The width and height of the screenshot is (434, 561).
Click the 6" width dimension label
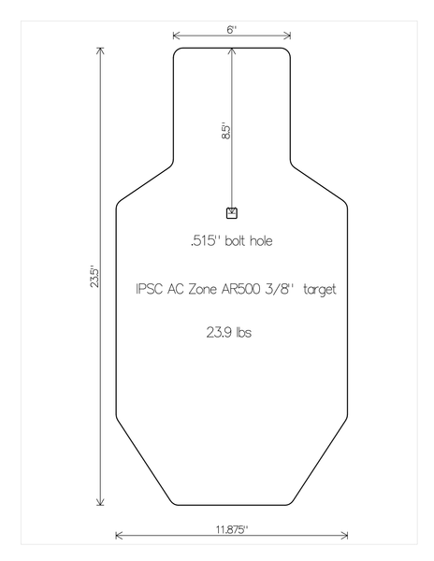[x=231, y=29]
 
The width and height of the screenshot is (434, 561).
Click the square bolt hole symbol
[x=232, y=212]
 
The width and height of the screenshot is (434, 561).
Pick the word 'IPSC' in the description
[x=150, y=290]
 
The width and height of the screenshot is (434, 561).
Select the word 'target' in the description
[x=319, y=290]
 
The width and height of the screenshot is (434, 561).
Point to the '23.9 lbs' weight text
[x=230, y=332]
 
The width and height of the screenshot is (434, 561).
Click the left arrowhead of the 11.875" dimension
[x=118, y=536]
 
